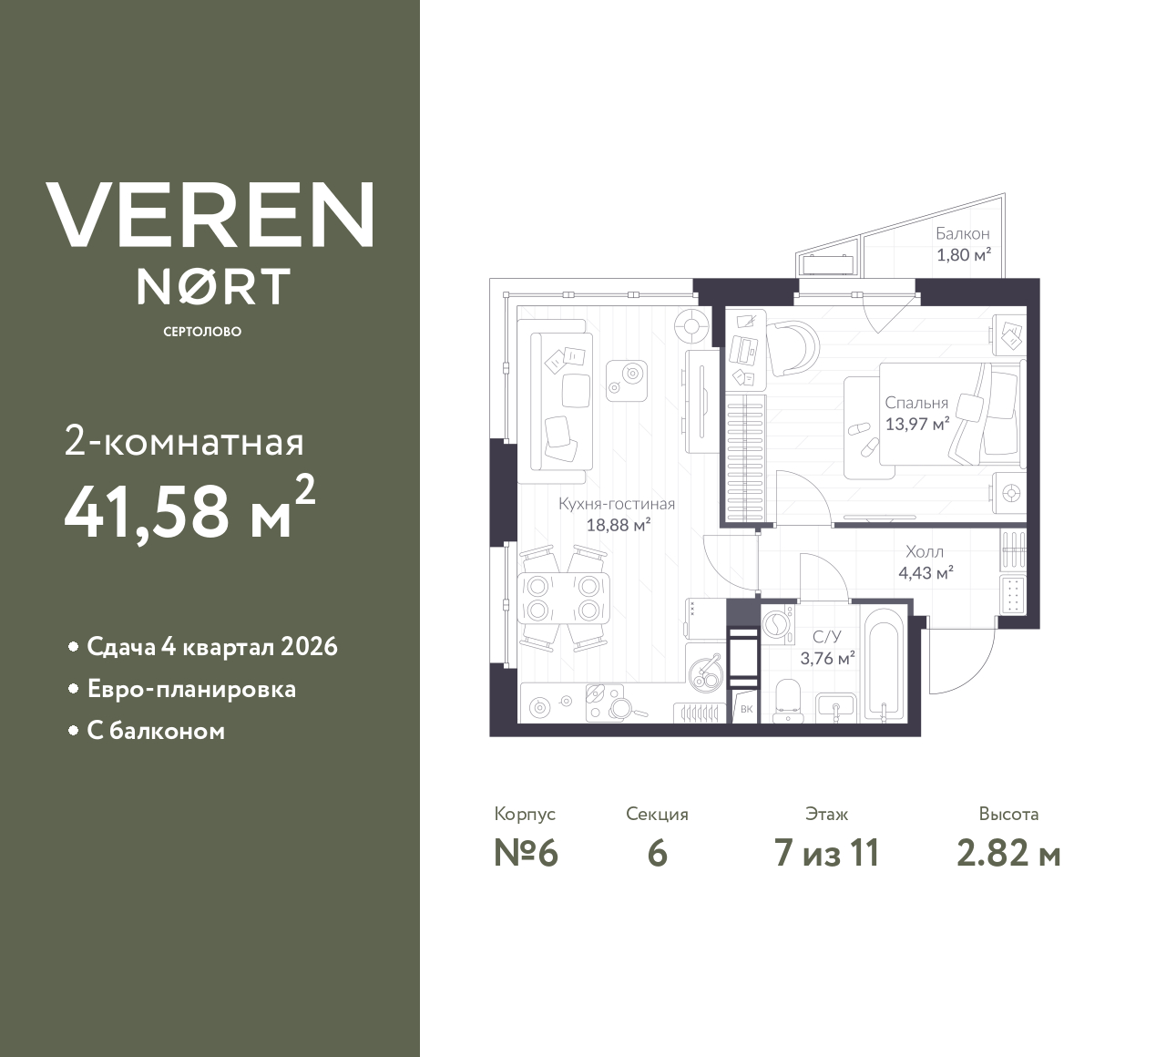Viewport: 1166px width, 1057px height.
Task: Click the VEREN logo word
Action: (210, 215)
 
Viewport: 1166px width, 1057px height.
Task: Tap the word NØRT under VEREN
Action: (213, 287)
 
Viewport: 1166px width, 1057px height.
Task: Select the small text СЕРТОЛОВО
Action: (202, 332)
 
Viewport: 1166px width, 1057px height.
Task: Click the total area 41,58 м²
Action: (189, 509)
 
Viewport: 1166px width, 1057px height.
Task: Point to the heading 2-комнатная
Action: (184, 443)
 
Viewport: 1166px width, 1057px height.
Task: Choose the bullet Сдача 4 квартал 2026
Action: (211, 647)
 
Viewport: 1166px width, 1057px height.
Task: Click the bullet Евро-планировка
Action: (191, 689)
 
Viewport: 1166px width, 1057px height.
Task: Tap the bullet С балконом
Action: (156, 731)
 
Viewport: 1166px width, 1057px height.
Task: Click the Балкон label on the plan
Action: (962, 234)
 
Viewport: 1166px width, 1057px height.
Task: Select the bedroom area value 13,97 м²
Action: (917, 423)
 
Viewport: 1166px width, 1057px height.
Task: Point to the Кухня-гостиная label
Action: (617, 504)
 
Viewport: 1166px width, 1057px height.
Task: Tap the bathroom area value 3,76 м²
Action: (826, 658)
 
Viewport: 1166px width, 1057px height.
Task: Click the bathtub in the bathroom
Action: (884, 666)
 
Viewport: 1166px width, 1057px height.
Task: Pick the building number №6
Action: (525, 854)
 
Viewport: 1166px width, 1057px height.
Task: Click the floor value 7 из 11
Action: (825, 854)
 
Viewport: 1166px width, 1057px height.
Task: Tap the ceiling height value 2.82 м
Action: (1007, 854)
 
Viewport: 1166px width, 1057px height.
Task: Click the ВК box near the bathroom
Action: (746, 709)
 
